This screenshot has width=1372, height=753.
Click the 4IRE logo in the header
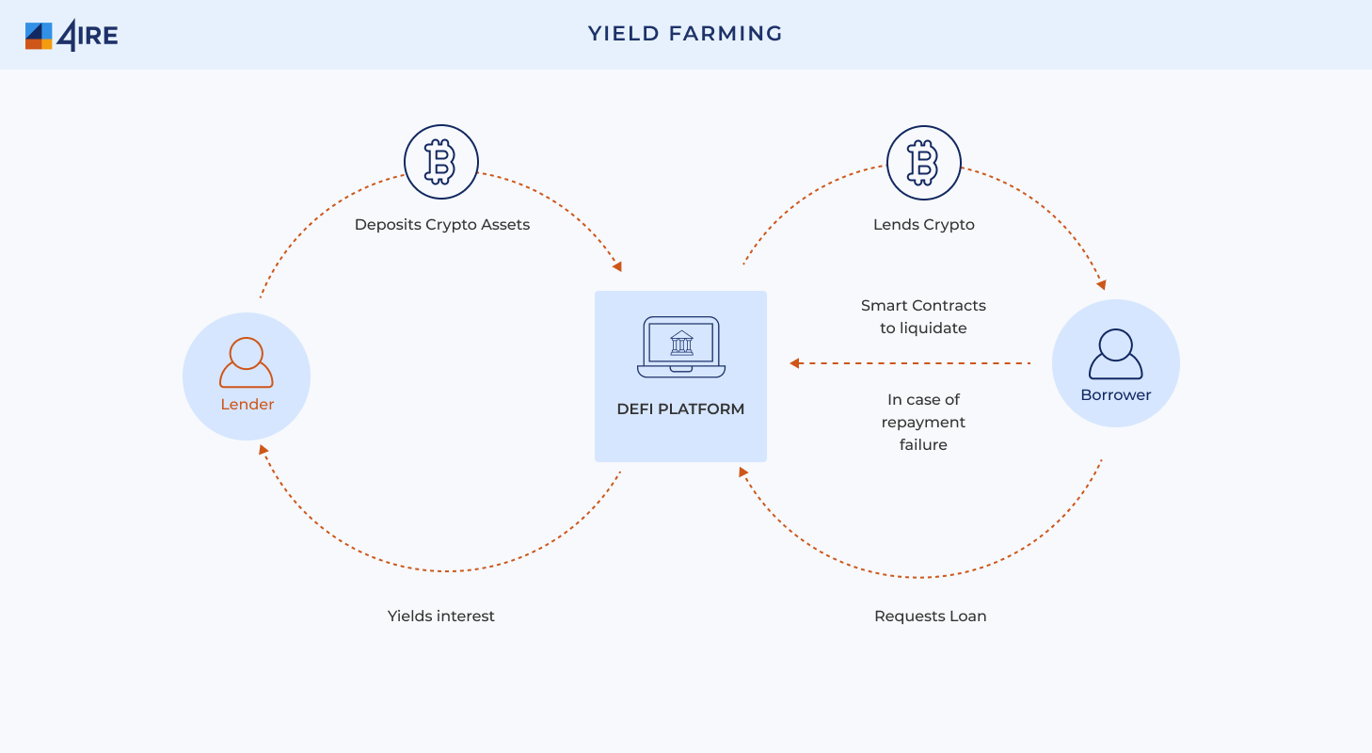(72, 35)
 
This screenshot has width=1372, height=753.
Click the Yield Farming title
(685, 34)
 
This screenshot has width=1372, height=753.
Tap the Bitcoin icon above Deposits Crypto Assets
(441, 162)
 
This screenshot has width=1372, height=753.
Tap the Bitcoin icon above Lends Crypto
(924, 163)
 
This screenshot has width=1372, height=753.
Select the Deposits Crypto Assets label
(442, 225)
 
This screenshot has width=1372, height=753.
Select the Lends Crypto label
(924, 225)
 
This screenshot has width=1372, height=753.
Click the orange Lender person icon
(247, 362)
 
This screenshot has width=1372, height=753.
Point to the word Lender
(247, 405)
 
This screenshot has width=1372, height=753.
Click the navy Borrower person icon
(1115, 354)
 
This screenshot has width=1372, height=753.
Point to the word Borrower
(1115, 395)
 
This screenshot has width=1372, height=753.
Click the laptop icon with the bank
(681, 346)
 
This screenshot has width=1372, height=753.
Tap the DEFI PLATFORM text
(680, 409)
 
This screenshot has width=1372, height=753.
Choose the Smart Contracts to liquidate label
(923, 317)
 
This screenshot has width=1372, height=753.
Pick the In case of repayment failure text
(923, 422)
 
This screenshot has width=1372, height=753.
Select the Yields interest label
(441, 617)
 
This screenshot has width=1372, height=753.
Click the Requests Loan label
(931, 617)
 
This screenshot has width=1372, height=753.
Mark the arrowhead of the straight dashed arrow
(795, 363)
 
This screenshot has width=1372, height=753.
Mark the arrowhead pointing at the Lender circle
(263, 450)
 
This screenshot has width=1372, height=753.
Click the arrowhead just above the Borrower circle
(1101, 284)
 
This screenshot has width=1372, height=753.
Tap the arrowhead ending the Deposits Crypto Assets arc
(617, 266)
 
